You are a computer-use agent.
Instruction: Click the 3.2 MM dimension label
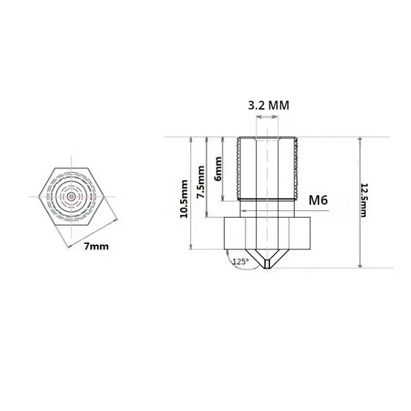click(269, 105)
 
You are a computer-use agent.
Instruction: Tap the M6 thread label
click(319, 200)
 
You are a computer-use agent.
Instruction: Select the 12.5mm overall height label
click(364, 200)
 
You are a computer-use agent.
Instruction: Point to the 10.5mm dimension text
click(184, 199)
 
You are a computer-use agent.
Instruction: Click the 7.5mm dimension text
click(201, 182)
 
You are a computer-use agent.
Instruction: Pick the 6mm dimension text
click(218, 169)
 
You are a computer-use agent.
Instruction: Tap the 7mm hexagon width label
click(96, 247)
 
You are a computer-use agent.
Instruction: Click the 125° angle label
click(240, 262)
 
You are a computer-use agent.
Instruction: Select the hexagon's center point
click(71, 197)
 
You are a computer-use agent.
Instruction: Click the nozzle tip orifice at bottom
click(267, 264)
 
